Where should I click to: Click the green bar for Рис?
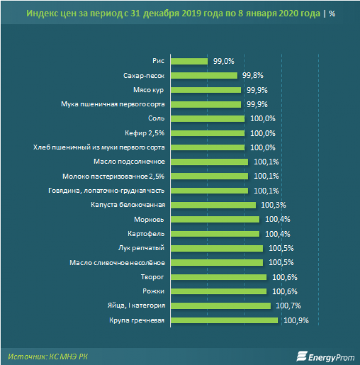(x=189, y=61)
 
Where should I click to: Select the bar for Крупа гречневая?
(x=224, y=320)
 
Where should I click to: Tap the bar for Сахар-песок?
(x=204, y=75)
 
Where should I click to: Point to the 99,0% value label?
(x=224, y=61)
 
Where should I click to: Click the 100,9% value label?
(x=295, y=320)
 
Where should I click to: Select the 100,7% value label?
(x=288, y=306)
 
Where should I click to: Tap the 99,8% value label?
(x=252, y=75)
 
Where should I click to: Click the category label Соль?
(x=157, y=118)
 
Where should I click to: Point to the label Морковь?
(x=151, y=219)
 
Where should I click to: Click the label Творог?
(x=153, y=277)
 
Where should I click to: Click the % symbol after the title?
(x=332, y=14)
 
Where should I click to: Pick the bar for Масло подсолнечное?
(x=209, y=162)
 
